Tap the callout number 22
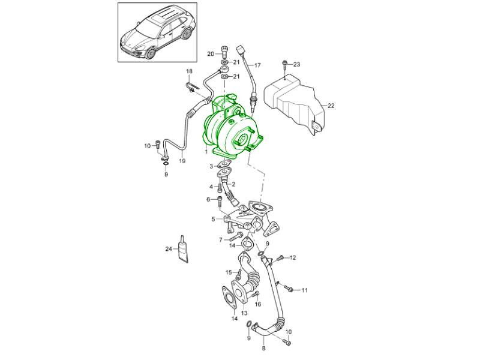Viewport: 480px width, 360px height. click(x=331, y=106)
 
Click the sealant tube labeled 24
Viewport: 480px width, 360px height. click(x=183, y=250)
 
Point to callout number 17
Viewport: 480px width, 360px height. click(x=257, y=65)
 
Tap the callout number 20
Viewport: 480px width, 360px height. click(x=211, y=54)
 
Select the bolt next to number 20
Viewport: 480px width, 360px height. click(x=224, y=53)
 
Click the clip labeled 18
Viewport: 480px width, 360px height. click(x=192, y=87)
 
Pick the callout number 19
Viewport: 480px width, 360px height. click(x=182, y=161)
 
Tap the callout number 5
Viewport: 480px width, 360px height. click(x=213, y=219)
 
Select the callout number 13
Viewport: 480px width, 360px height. click(x=244, y=313)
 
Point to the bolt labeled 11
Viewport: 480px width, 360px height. click(x=289, y=289)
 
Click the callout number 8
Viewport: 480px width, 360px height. click(x=264, y=348)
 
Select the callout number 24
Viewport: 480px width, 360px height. click(x=169, y=249)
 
